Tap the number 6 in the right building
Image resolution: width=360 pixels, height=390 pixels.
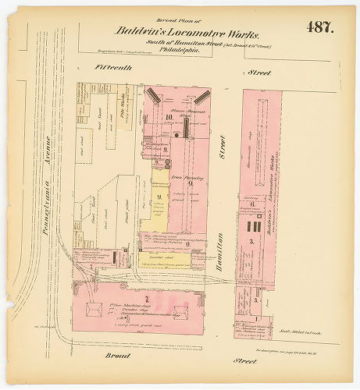pyautogui.click(x=251, y=204)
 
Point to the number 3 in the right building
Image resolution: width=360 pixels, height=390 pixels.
pyautogui.click(x=251, y=243)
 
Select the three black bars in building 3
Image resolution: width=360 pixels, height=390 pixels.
pyautogui.click(x=251, y=226)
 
